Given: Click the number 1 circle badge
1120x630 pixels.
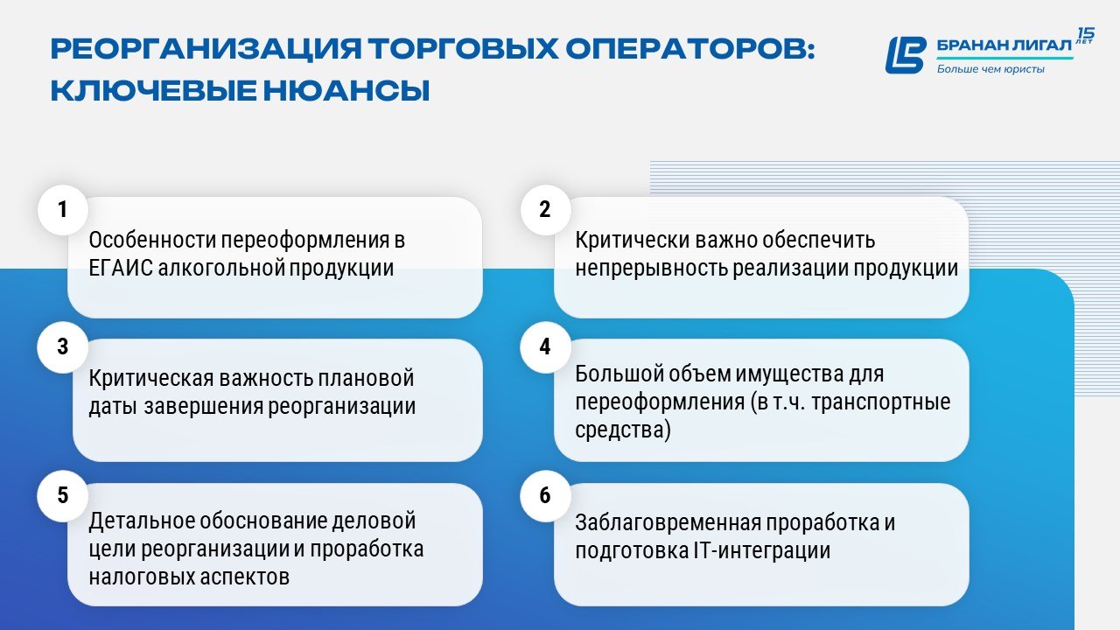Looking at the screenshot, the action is point(63,209).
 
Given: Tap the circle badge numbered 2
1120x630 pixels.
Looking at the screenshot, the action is point(545,209).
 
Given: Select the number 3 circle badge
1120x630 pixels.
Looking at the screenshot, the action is point(63,347).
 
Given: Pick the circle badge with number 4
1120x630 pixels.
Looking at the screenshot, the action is point(545,347).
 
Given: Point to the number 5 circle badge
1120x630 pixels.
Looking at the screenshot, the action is point(63,495).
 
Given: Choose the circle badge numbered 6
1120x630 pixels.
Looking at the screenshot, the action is point(545,495).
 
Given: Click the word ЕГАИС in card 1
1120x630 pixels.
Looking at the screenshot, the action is point(121,268).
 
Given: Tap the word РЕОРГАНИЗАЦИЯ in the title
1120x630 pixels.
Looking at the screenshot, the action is point(206,49).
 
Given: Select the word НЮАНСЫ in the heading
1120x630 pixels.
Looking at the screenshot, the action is point(346,91).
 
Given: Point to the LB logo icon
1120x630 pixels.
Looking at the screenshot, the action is point(906,55).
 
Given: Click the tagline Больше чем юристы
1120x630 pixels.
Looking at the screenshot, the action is point(990,69).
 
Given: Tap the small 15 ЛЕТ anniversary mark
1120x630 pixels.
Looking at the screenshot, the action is point(1085,36).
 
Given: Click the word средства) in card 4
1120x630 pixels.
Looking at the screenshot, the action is point(623,430).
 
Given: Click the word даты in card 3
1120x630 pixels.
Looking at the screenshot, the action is point(113,407).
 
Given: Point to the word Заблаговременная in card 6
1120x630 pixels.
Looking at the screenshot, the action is point(668,523).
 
